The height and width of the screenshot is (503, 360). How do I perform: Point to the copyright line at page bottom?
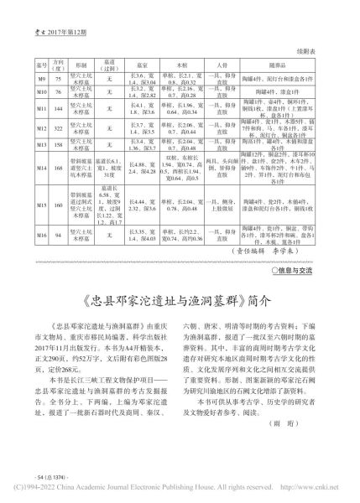pyautogui.click(x=180, y=495)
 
